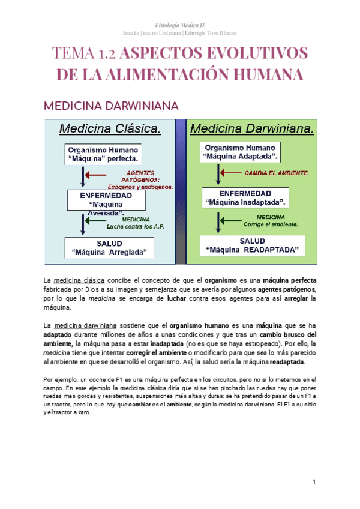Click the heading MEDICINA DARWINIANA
click(x=111, y=106)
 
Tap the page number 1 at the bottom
click(x=314, y=483)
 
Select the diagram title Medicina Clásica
click(x=109, y=128)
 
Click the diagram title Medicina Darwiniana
click(x=252, y=128)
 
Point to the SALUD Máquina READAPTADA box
click(x=252, y=245)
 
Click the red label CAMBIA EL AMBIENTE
click(x=277, y=173)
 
